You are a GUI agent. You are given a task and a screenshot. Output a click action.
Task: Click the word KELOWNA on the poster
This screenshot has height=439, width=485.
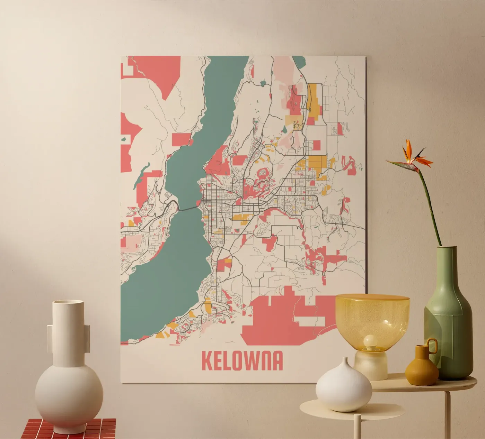tap(242, 361)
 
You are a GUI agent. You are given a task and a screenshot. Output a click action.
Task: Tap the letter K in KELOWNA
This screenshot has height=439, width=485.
tap(207, 361)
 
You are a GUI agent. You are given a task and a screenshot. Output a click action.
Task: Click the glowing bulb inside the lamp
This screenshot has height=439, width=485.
tap(369, 341)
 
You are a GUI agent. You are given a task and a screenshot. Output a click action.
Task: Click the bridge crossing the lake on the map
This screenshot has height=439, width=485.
tap(188, 208)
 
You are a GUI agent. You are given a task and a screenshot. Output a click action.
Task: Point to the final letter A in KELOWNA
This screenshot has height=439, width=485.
tap(277, 361)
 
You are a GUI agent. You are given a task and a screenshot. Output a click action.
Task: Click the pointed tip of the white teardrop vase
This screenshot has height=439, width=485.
tap(344, 360)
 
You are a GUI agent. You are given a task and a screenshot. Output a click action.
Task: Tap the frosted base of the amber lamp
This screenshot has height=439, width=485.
tap(370, 367)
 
